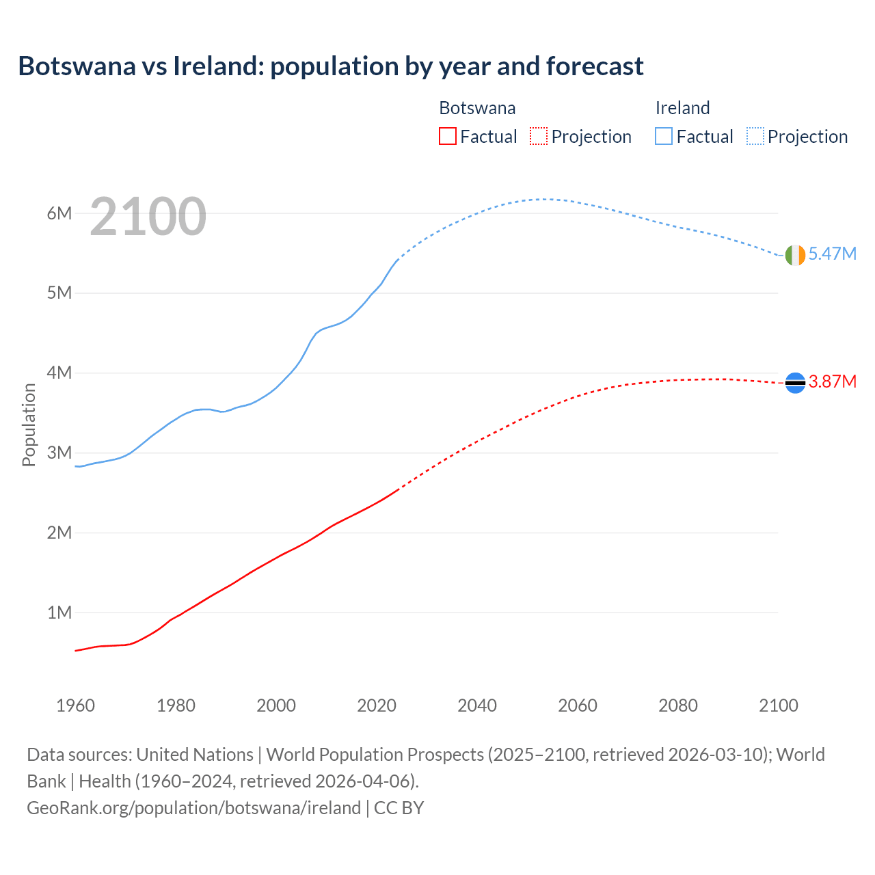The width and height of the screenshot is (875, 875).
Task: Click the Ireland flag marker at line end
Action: tap(795, 255)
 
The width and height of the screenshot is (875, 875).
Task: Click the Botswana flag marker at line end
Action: tap(795, 383)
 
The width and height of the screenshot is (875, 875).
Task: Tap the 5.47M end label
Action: tap(832, 254)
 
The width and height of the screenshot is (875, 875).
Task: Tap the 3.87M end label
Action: tap(832, 381)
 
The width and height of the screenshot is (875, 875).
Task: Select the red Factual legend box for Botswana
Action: tap(448, 137)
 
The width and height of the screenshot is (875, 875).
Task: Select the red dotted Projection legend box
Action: tap(539, 137)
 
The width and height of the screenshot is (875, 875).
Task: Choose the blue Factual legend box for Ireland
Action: tap(664, 137)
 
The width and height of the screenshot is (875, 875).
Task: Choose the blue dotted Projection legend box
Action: tap(755, 137)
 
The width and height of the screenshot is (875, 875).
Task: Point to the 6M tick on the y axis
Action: tap(59, 213)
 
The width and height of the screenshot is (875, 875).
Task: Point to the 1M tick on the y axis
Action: tap(59, 612)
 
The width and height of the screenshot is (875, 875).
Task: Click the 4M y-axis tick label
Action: tap(59, 373)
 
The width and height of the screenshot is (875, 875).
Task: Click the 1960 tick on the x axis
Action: tap(75, 705)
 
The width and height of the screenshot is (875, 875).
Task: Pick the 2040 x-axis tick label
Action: tap(477, 705)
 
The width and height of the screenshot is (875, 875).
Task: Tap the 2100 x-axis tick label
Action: tap(779, 705)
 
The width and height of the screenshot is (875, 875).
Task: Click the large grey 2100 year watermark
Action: tap(148, 217)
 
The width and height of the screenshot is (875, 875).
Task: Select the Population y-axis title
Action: tap(29, 425)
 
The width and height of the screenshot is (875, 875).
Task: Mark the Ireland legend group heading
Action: tap(682, 108)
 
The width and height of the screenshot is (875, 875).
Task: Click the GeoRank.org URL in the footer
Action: tap(193, 808)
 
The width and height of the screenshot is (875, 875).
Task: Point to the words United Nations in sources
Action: tap(195, 755)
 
